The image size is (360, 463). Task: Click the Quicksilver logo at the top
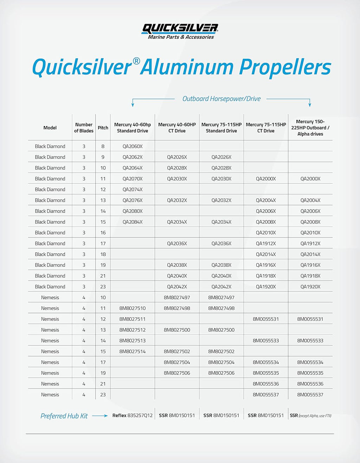pyautogui.click(x=180, y=31)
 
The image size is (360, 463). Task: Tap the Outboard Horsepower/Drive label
pyautogui.click(x=221, y=99)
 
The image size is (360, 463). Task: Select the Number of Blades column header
pyautogui.click(x=84, y=128)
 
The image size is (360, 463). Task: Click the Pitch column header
pyautogui.click(x=103, y=128)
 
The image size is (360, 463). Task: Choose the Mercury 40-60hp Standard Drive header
pyautogui.click(x=133, y=128)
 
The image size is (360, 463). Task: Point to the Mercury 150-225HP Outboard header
pyautogui.click(x=310, y=128)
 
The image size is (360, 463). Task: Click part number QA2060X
pyautogui.click(x=133, y=146)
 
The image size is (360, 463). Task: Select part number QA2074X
pyautogui.click(x=133, y=190)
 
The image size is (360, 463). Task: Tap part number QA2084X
pyautogui.click(x=133, y=222)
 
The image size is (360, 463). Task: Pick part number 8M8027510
pyautogui.click(x=133, y=308)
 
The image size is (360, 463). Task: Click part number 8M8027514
pyautogui.click(x=133, y=351)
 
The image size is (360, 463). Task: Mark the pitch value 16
pyautogui.click(x=103, y=233)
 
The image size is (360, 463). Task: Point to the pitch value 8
pyautogui.click(x=103, y=146)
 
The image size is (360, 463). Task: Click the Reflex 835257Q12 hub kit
pyautogui.click(x=133, y=416)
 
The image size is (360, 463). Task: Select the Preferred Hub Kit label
pyautogui.click(x=64, y=416)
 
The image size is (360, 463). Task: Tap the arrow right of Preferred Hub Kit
pyautogui.click(x=100, y=416)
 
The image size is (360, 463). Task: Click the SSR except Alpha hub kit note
pyautogui.click(x=310, y=416)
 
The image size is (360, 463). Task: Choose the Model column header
pyautogui.click(x=50, y=128)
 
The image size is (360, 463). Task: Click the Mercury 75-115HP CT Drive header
pyautogui.click(x=266, y=128)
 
